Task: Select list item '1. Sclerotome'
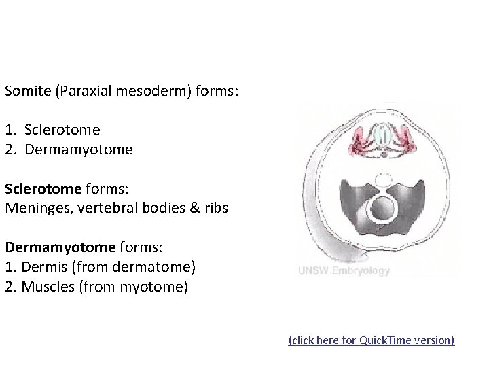tap(52, 129)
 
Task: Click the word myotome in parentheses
tap(153, 287)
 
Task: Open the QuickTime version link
tap(372, 340)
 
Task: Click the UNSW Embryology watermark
tap(344, 270)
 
